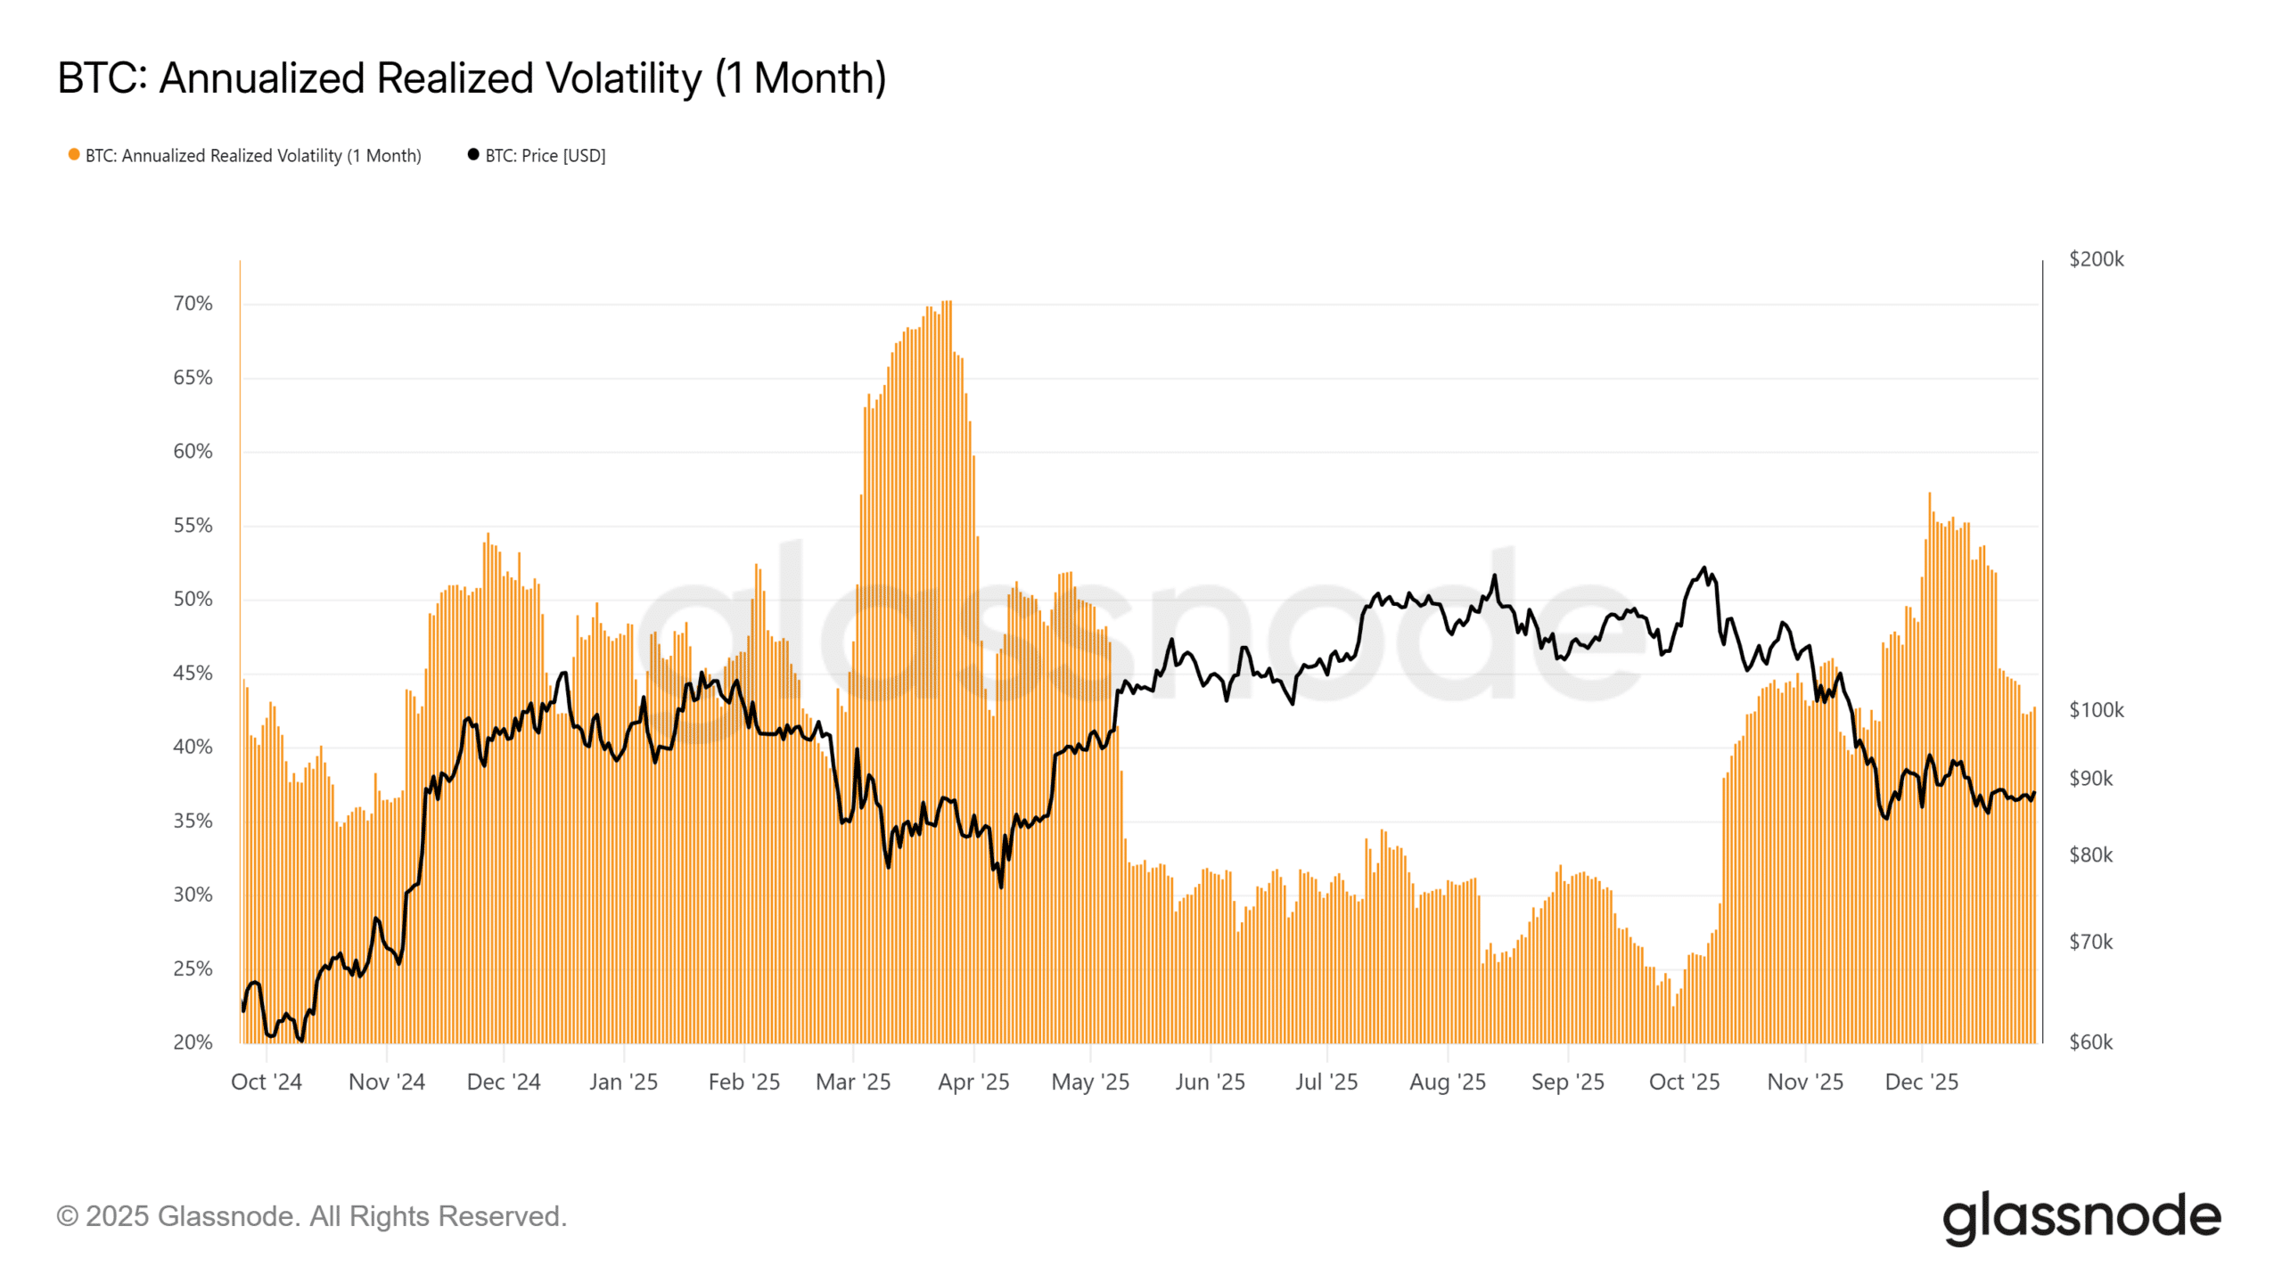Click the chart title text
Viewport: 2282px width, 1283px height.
coord(472,78)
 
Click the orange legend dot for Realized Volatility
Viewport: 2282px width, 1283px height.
coord(74,155)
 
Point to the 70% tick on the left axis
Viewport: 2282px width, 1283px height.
coord(193,304)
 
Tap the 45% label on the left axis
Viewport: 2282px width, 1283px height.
coord(193,674)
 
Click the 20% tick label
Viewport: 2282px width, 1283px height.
coord(193,1042)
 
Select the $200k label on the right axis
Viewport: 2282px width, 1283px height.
coord(2096,259)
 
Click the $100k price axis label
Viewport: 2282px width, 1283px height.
coord(2096,710)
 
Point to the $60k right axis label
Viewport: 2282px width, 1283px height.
coord(2090,1042)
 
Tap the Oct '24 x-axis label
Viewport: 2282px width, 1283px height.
coord(267,1082)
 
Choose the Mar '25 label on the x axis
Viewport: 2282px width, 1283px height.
coord(853,1082)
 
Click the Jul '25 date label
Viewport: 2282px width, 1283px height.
coord(1326,1082)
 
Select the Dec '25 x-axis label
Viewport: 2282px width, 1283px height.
coord(1921,1082)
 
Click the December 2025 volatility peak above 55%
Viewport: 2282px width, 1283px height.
coord(1930,495)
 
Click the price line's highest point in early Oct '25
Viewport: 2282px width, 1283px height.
coord(1703,568)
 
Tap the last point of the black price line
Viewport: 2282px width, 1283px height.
coord(2033,793)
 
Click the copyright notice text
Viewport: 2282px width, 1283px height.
coord(311,1216)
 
